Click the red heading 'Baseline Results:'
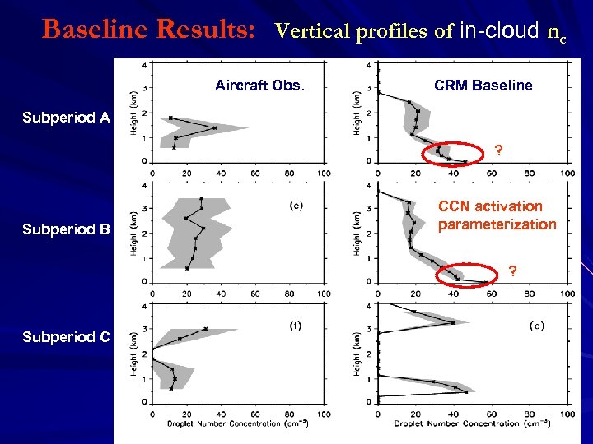pyautogui.click(x=153, y=30)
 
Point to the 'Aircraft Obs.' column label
pyautogui.click(x=259, y=86)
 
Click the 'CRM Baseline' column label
pyautogui.click(x=483, y=86)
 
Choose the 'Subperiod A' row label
pyautogui.click(x=66, y=118)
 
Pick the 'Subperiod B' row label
pyautogui.click(x=66, y=229)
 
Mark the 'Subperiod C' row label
pyautogui.click(x=66, y=337)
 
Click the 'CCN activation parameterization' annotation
pyautogui.click(x=497, y=215)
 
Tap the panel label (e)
pyautogui.click(x=296, y=206)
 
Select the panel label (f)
pyautogui.click(x=295, y=325)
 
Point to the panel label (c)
pyautogui.click(x=535, y=325)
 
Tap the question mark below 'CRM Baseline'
pyautogui.click(x=497, y=150)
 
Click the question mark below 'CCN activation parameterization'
pyautogui.click(x=512, y=271)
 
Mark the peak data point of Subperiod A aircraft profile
pyautogui.click(x=214, y=127)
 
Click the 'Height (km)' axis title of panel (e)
pyautogui.click(x=133, y=231)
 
